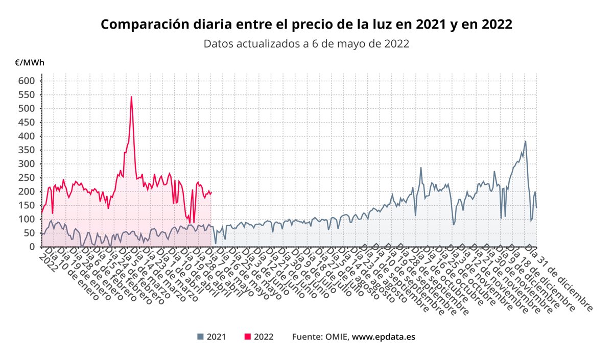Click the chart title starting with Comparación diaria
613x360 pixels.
click(306, 24)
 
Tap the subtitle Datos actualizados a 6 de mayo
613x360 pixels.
click(306, 44)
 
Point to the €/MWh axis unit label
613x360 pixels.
click(29, 63)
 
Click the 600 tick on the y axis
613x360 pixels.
click(27, 81)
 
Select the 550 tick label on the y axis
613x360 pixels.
click(27, 94)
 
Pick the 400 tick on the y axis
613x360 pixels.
click(27, 136)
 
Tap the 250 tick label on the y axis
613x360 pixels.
click(27, 178)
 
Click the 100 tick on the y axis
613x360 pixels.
click(27, 219)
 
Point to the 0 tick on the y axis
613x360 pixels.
click(32, 247)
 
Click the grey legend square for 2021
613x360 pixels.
click(200, 337)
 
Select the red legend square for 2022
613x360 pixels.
click(248, 337)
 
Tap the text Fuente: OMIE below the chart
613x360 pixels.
click(320, 337)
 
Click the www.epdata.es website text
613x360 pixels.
click(383, 337)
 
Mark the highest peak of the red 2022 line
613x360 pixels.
click(131, 97)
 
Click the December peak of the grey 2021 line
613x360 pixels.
click(525, 141)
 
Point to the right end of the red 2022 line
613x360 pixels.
click(211, 193)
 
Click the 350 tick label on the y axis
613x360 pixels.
click(27, 150)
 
